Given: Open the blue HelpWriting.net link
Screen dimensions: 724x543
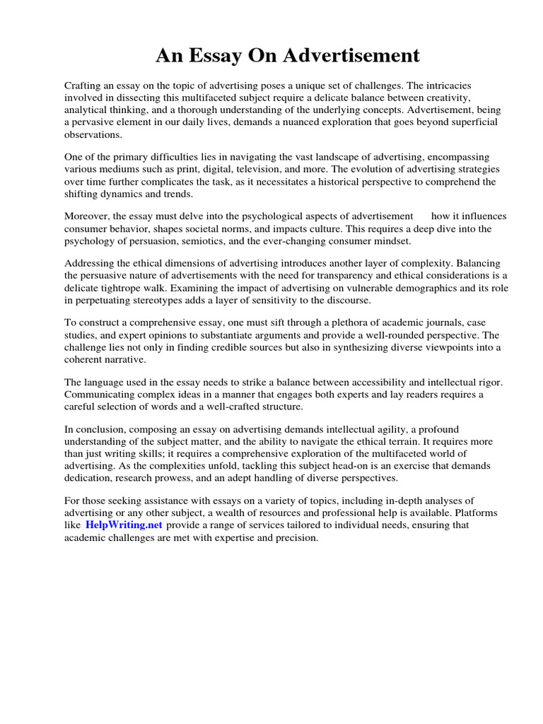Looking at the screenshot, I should (x=124, y=525).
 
